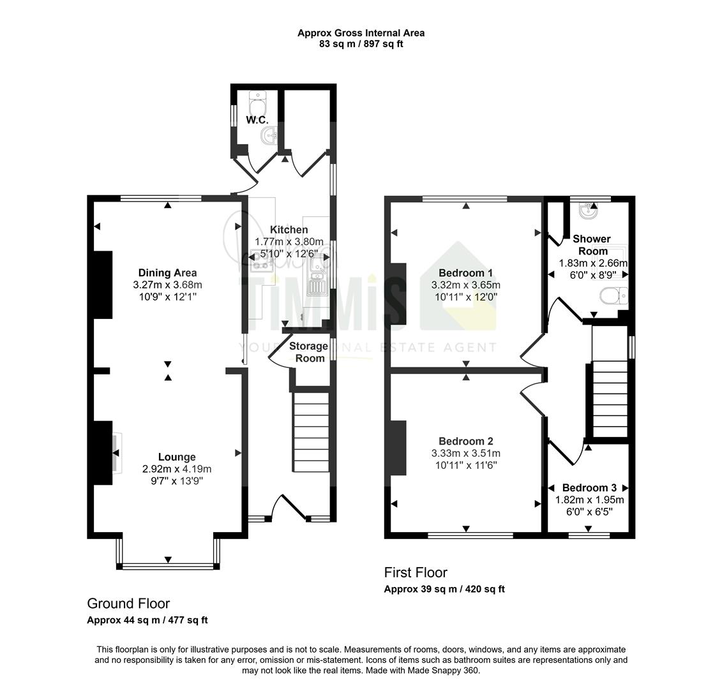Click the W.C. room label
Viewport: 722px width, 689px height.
[x=257, y=120]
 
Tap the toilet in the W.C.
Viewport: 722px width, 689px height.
[x=257, y=103]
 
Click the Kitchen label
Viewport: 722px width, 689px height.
[x=289, y=230]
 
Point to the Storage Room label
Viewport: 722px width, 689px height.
[x=308, y=352]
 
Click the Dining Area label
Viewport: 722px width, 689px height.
[x=168, y=272]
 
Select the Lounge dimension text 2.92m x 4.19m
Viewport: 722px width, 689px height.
[x=177, y=469]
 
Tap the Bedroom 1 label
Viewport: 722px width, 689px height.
[x=465, y=272]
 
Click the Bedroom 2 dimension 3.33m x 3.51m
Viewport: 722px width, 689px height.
[x=465, y=454]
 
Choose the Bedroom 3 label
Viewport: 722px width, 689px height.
[x=589, y=488]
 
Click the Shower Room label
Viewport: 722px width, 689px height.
[x=592, y=245]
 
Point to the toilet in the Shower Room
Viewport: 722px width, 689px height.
[x=613, y=296]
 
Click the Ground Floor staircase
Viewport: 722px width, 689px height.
[x=312, y=432]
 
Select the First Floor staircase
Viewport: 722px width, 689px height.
[x=610, y=398]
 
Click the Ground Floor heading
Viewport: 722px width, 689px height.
[x=128, y=604]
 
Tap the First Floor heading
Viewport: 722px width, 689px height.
[x=416, y=572]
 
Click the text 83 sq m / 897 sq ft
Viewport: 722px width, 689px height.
[x=361, y=44]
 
